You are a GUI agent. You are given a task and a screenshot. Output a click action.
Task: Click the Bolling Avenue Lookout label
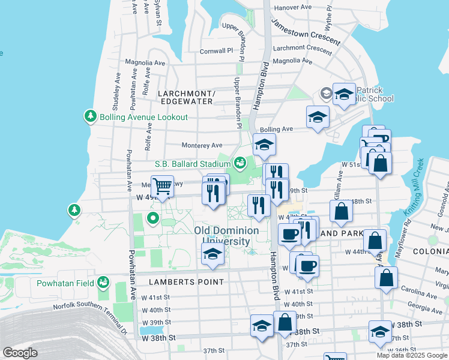coord(136,117)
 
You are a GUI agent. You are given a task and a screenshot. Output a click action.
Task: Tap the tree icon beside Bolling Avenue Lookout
coord(91,115)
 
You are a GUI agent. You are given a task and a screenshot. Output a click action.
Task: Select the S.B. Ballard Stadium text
coord(192,163)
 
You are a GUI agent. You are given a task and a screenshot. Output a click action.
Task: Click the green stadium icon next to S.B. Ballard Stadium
coord(240,163)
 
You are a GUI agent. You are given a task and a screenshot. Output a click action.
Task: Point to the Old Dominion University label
coord(226,236)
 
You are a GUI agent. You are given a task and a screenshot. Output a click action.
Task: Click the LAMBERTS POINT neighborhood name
coord(182,281)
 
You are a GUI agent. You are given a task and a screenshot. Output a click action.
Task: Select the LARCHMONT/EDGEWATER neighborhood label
coord(185,97)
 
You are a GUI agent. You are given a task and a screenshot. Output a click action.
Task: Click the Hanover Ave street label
coord(292,7)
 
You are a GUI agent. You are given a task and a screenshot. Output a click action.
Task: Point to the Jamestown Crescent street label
coord(306,32)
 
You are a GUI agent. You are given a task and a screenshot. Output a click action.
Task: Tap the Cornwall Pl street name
coord(216,51)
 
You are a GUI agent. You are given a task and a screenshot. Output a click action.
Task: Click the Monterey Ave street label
coord(202,145)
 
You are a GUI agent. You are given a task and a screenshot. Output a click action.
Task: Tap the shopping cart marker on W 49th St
coord(161,186)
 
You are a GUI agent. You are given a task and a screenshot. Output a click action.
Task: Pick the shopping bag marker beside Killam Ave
coord(341,211)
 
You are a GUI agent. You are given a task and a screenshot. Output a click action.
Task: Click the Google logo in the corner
coord(20,353)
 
